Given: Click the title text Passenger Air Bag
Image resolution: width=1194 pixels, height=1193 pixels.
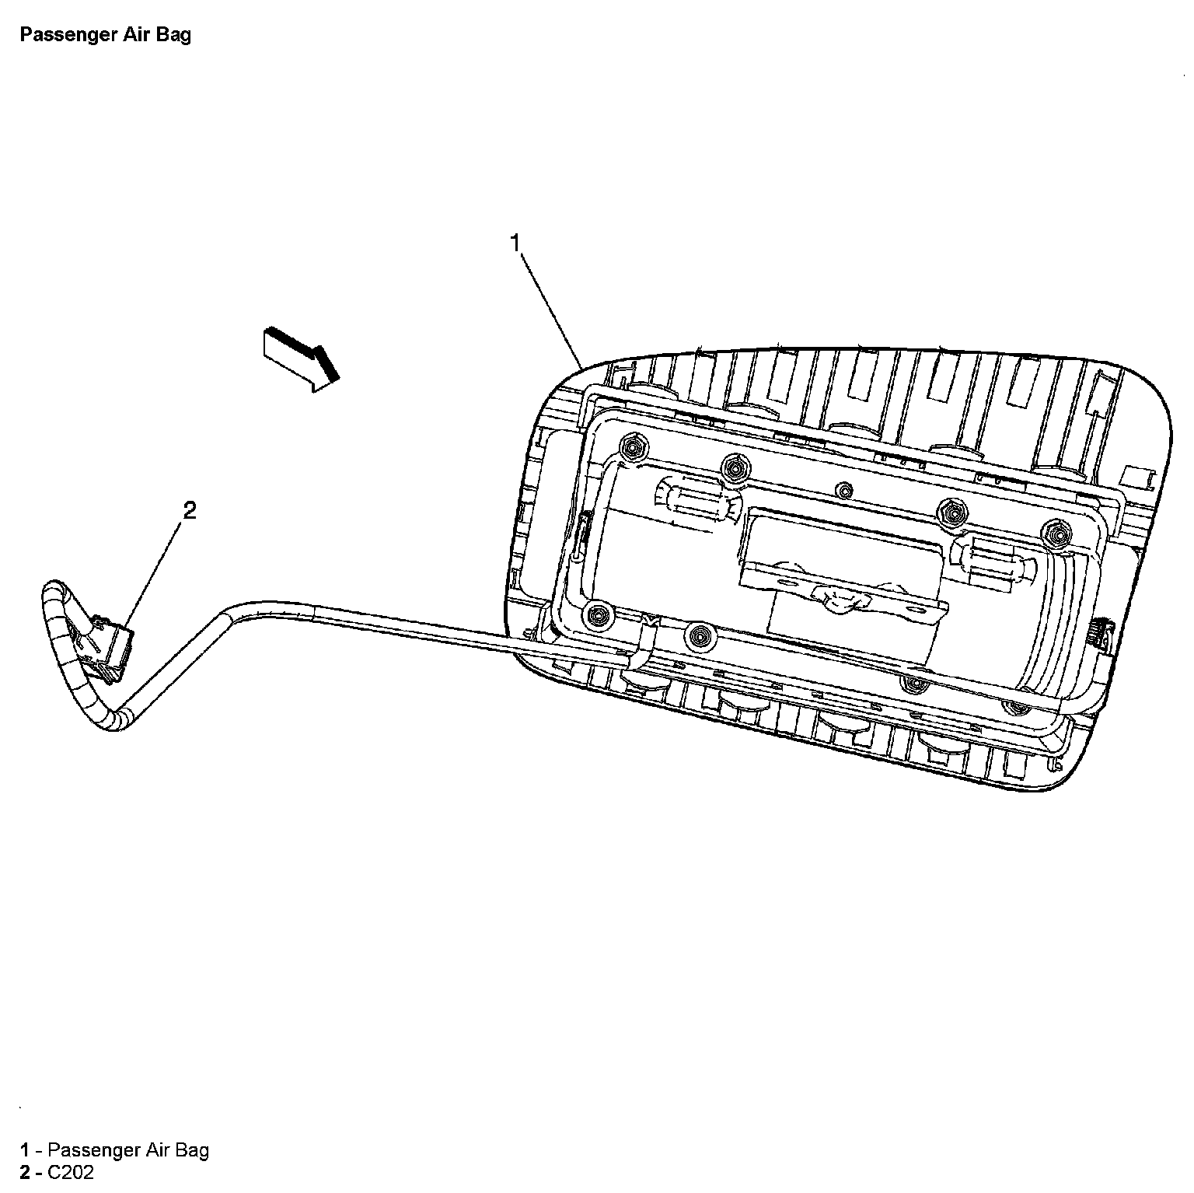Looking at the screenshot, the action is point(105,35).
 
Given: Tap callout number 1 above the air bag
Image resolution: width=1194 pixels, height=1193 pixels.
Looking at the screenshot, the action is point(515,243).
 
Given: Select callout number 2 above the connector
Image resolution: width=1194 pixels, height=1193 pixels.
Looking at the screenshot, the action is point(189,510).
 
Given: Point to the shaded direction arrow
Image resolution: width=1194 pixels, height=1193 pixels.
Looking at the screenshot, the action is point(301,357).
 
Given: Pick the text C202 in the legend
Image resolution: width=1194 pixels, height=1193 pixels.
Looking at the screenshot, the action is point(71,1172).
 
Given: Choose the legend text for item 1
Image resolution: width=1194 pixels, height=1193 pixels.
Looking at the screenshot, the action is point(128,1149).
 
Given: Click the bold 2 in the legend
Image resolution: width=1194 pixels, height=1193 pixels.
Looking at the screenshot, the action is point(26,1172).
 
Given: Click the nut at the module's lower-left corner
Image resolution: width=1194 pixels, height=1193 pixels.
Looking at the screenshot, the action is point(597,615).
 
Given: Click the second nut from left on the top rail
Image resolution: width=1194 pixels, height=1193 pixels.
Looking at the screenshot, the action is point(731,467).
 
